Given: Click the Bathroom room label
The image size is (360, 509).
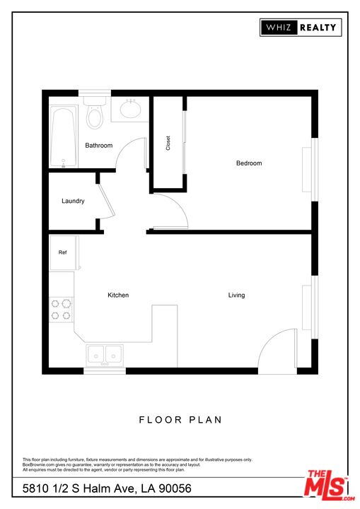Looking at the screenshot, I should coord(99,146).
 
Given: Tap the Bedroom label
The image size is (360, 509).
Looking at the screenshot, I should coord(249,163).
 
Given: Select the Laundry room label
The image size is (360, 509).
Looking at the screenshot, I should coord(73,201).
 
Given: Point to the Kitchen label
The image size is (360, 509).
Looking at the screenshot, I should coord(118,295).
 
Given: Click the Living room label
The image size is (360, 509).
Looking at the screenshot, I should coord(236,295).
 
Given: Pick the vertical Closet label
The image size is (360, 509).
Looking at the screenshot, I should coord(168,144).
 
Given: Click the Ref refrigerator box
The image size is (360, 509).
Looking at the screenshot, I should coord(63,252).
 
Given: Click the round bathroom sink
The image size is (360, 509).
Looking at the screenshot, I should coord(130,110).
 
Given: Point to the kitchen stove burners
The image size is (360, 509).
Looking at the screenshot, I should coord(62,310).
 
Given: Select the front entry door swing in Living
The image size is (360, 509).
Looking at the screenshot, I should coord(277,351).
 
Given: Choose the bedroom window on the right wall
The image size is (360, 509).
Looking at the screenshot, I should coord(308,169).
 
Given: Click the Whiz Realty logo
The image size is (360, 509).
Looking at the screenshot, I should coord(301,28).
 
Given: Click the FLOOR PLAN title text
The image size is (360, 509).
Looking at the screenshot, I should coord(180,420).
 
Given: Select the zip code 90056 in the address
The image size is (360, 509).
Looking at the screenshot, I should coord(174,488).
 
